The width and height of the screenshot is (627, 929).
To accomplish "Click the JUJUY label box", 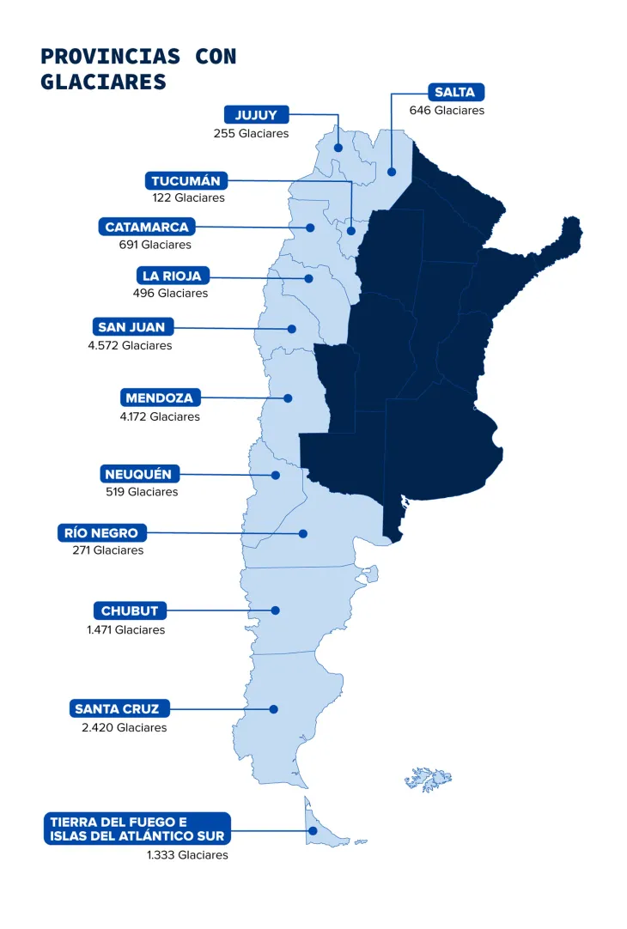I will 256,115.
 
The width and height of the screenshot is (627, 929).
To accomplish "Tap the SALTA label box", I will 454,92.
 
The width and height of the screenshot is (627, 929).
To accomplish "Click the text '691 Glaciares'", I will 155,245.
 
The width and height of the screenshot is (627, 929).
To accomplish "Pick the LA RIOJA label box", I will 173,276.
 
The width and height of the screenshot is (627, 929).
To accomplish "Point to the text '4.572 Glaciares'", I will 134,345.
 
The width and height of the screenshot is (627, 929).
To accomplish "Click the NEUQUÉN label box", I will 138,474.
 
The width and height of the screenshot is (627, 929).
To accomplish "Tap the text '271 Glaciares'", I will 108,550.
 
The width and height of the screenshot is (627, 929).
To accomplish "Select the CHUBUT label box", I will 130,610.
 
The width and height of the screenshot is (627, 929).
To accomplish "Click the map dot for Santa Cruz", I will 273,709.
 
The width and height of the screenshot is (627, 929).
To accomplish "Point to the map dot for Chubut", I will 276,610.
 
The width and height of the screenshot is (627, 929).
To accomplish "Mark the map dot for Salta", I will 392,172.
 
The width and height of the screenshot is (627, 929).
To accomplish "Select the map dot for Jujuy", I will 338,148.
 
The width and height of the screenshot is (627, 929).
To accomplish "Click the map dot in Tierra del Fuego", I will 313,830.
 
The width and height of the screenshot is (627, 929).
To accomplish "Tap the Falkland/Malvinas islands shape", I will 429,779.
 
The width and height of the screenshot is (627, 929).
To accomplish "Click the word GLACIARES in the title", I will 102,82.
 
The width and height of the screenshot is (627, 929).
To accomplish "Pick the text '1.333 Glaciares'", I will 187,855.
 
